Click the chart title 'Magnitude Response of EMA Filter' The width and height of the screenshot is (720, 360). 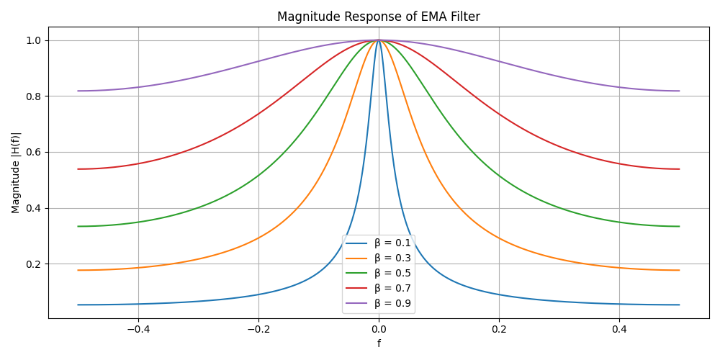point(378,17)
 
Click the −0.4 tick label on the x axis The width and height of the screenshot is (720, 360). point(138,329)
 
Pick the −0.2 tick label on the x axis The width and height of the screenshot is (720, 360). point(258,329)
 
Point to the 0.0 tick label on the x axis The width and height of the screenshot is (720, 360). point(379,329)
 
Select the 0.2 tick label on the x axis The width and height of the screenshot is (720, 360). point(499,329)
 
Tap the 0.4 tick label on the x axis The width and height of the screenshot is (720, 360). point(619,329)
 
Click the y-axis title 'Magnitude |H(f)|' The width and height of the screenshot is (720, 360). point(16,172)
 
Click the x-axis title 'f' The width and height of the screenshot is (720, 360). point(379,343)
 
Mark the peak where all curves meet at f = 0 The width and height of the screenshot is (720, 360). point(379,40)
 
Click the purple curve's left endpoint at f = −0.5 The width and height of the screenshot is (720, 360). point(78,91)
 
